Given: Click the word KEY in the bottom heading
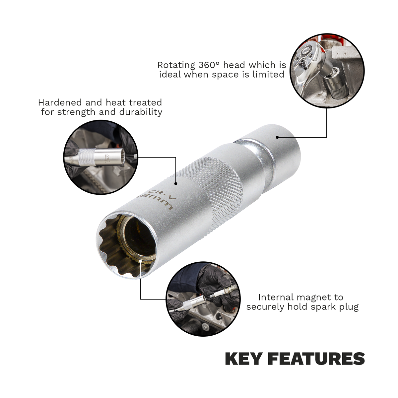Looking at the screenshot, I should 242,359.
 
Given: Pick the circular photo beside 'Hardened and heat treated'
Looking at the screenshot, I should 100,157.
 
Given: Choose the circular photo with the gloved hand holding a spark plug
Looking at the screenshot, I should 203,299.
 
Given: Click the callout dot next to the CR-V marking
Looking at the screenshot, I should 176,183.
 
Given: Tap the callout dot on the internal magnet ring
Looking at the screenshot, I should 141,261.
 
